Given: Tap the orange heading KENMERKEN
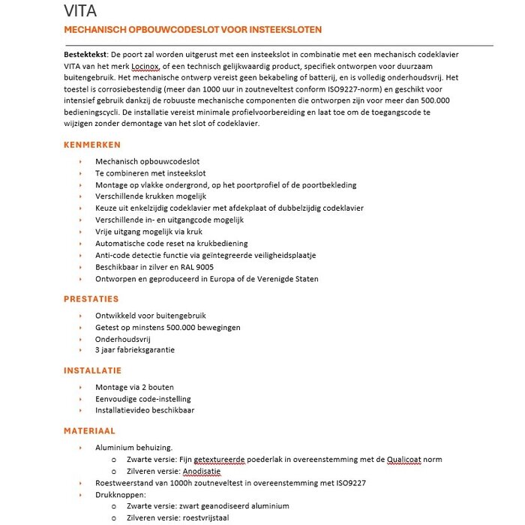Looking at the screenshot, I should (92, 145).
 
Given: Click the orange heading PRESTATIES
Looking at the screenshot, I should (91, 298).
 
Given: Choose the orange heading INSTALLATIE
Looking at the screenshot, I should (92, 370).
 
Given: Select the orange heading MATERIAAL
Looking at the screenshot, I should (89, 430).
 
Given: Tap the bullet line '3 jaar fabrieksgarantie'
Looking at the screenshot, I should (135, 350).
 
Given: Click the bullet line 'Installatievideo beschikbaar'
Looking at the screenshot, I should (145, 411).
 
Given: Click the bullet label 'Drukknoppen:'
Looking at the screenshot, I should (120, 495).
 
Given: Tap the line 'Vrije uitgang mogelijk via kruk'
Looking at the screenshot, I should (154, 232).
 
